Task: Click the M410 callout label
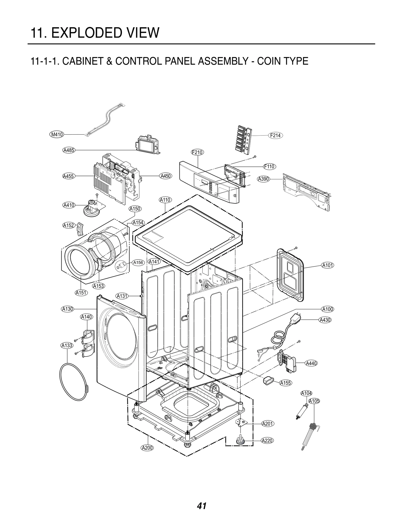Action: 57,134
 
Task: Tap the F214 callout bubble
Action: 275,135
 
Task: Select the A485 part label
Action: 69,150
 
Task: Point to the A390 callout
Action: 264,179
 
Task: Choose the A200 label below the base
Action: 147,448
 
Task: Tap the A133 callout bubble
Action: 67,345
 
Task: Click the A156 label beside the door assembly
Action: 138,263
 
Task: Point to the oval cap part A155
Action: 267,380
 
